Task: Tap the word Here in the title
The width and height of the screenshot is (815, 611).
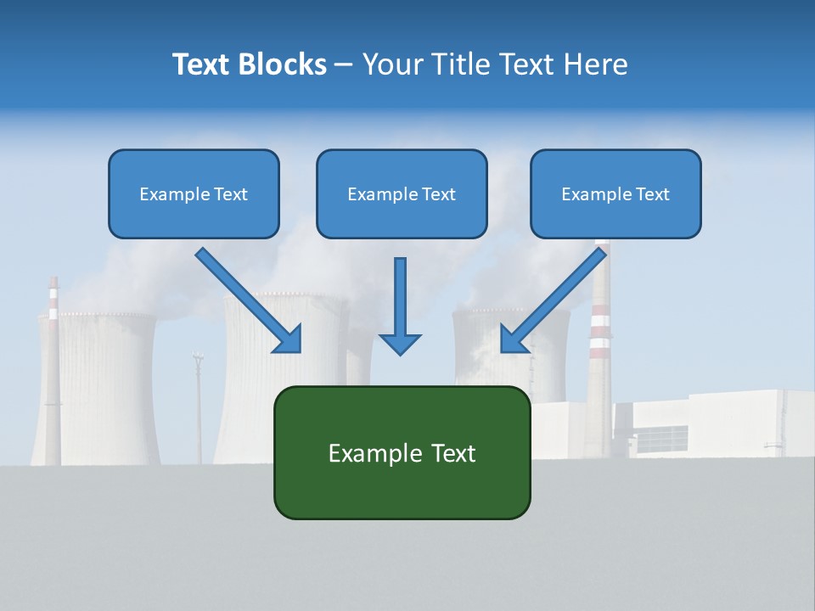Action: [x=593, y=64]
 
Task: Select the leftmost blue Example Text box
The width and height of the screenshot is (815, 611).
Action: [x=194, y=193]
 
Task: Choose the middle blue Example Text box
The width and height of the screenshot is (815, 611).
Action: [x=402, y=193]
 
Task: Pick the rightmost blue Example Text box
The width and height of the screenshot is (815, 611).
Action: [x=615, y=193]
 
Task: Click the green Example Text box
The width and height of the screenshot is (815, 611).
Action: [x=402, y=452]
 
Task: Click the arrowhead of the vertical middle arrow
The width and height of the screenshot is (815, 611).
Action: [x=400, y=343]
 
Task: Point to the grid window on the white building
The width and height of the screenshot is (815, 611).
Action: [x=662, y=438]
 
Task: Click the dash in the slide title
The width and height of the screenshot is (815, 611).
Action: [x=344, y=64]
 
